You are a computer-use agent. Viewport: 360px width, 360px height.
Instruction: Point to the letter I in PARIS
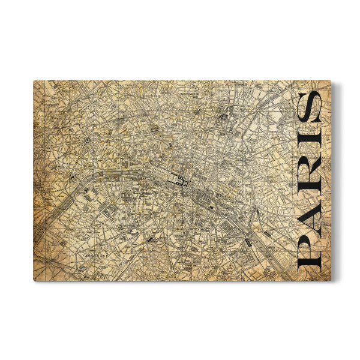click(310, 148)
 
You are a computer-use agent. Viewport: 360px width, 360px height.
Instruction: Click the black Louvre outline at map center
click(178, 179)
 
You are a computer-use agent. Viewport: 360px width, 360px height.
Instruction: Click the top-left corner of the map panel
click(34, 81)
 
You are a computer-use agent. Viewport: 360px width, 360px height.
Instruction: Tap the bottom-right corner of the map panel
click(331, 280)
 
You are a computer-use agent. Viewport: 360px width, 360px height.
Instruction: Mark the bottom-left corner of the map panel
click(34, 280)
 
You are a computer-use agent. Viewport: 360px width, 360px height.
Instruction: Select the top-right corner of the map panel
click(331, 81)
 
